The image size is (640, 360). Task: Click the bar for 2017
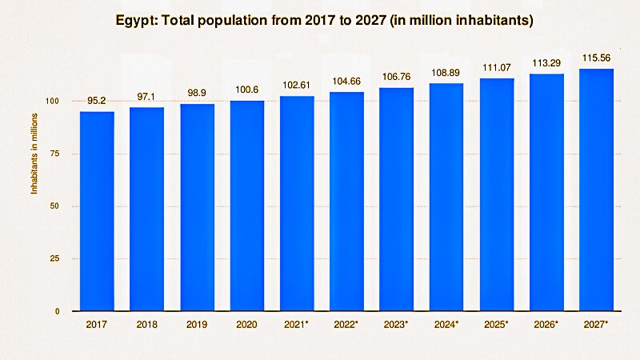(x=97, y=211)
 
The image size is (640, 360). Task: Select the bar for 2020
(x=247, y=206)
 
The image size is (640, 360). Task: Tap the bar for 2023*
(x=397, y=199)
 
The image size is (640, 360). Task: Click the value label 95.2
(x=97, y=102)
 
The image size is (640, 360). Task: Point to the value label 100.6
(x=247, y=90)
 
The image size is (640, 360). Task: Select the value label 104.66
(x=346, y=82)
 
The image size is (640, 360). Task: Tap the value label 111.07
(x=497, y=69)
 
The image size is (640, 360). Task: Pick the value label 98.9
(x=197, y=94)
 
